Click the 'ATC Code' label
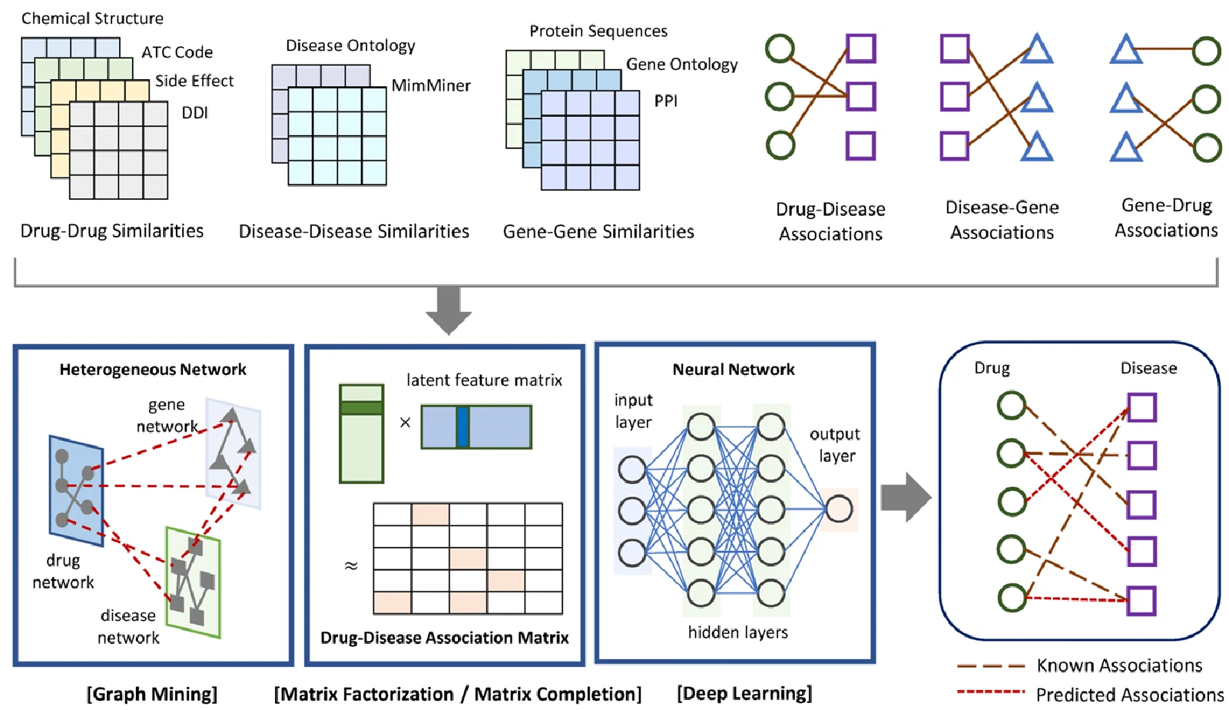(x=177, y=52)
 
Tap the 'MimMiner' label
(x=431, y=85)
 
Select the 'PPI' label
(x=665, y=101)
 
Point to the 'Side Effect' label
(x=194, y=81)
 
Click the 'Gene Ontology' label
(x=682, y=65)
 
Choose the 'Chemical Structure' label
(x=92, y=18)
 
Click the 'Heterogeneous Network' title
(x=153, y=370)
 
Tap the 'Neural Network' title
(x=734, y=370)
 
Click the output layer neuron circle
(x=838, y=509)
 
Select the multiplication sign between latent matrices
(x=405, y=423)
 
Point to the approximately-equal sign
(x=351, y=565)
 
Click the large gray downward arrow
(x=449, y=310)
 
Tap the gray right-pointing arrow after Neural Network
(x=906, y=497)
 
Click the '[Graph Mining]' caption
(x=152, y=694)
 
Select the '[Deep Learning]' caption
(x=744, y=694)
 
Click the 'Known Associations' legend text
(x=1119, y=665)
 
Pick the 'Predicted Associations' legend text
(x=1130, y=695)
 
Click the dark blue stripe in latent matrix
(x=463, y=427)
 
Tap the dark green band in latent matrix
(x=361, y=408)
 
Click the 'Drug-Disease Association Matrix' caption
(x=445, y=638)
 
